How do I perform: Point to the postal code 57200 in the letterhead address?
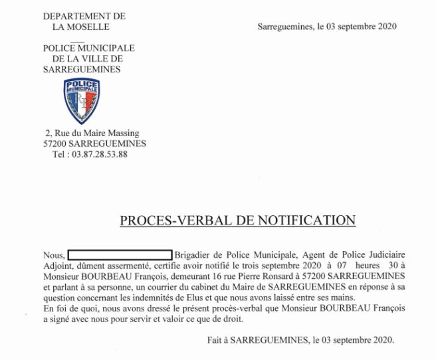[x=56, y=143]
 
